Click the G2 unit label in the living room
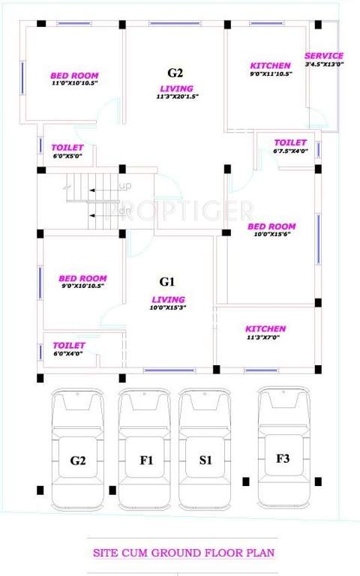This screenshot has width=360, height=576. tap(175, 73)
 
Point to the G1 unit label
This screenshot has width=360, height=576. tap(167, 282)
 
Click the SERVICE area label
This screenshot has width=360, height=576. tap(324, 55)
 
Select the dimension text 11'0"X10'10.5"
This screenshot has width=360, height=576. tap(74, 82)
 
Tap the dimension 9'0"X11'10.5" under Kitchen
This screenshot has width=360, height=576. tap(270, 73)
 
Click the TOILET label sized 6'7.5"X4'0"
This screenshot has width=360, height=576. tap(290, 142)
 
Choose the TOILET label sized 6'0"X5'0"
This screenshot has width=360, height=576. tap(67, 148)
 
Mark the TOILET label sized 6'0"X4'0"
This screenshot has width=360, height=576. tap(69, 345)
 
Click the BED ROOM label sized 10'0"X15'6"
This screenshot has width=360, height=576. tap(271, 226)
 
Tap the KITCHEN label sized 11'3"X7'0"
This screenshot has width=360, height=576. tap(265, 328)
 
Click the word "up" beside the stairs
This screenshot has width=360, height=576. tap(125, 186)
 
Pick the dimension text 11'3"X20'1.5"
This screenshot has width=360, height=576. tap(175, 97)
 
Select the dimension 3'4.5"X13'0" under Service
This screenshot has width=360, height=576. tap(324, 64)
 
